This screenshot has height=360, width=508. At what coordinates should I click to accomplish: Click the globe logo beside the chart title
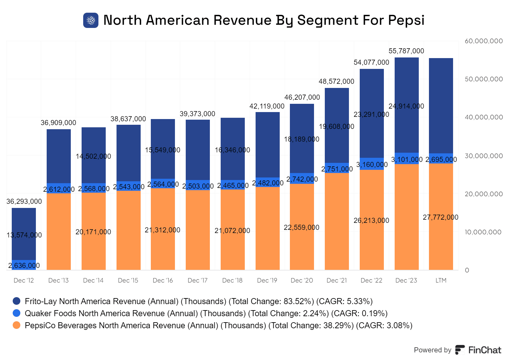tap(91, 20)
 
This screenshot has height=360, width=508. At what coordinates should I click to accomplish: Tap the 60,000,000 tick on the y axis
tap(484, 41)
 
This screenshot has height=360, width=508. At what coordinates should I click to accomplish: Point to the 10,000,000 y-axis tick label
tap(483, 232)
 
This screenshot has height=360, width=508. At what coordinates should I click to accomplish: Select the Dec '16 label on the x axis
tap(163, 280)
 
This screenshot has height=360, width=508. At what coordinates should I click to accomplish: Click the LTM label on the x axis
tap(441, 280)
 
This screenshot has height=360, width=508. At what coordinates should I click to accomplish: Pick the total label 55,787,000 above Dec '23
tap(406, 51)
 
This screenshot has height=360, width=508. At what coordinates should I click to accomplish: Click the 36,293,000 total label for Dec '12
tap(24, 201)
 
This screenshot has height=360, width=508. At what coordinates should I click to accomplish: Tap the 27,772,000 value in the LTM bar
tap(440, 217)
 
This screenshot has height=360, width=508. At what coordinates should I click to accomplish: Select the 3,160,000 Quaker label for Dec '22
tap(372, 164)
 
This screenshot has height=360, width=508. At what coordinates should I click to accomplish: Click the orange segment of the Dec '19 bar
tap(268, 229)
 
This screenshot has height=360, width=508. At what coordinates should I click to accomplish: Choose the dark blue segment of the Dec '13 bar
tap(59, 156)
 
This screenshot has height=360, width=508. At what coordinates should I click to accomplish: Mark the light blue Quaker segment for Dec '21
tap(337, 168)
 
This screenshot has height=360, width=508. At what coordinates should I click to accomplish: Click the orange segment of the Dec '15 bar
tap(129, 230)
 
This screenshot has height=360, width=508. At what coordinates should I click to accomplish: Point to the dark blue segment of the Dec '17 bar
tap(198, 149)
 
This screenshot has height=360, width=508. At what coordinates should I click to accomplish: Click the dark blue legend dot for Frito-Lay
tap(17, 301)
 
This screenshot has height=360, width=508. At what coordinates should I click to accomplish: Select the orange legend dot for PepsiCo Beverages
tap(17, 325)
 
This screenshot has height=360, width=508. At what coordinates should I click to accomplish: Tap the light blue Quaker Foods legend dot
tap(17, 313)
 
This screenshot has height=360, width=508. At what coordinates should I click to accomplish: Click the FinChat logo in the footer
tap(478, 350)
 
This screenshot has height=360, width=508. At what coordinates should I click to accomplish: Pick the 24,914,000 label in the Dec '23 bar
tap(406, 106)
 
